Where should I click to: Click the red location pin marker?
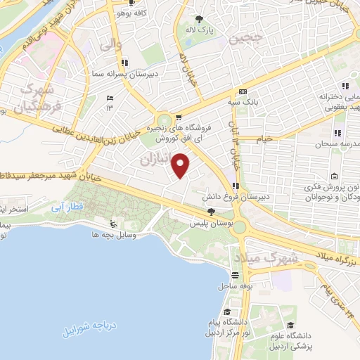[181, 165]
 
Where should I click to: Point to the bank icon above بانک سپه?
[243, 92]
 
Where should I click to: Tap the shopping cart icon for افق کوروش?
[179, 117]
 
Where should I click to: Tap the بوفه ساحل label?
[237, 287]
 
